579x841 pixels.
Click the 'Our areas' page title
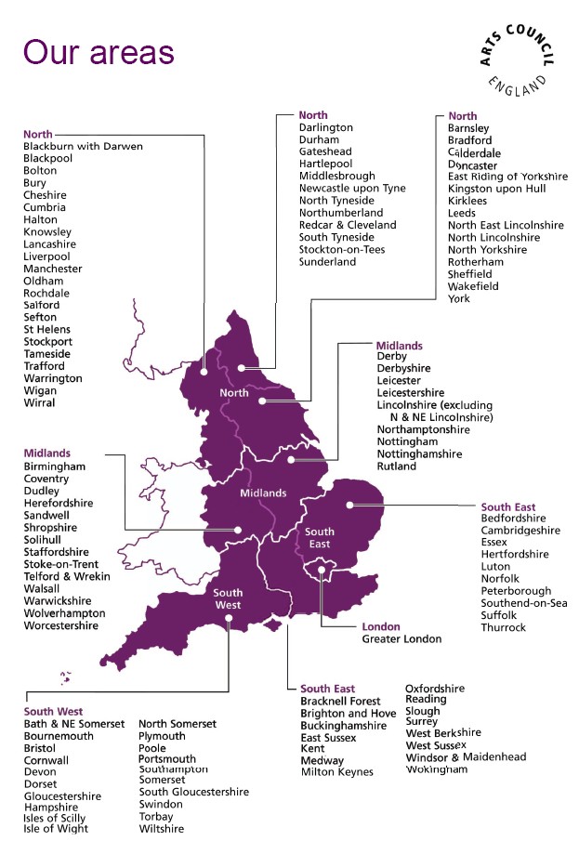[99, 52]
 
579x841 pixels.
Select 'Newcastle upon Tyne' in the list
[352, 189]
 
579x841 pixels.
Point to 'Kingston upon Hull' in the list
[496, 189]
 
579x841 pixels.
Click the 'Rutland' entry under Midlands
[397, 466]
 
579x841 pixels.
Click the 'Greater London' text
[401, 639]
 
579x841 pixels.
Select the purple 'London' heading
[380, 626]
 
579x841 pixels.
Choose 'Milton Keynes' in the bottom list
[336, 772]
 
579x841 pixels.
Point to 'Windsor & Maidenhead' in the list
[466, 757]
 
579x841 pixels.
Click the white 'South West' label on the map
[229, 598]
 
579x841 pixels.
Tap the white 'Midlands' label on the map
[263, 493]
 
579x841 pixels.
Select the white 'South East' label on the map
[320, 537]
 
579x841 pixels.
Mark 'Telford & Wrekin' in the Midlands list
[67, 576]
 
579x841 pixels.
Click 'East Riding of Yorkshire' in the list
[507, 177]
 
